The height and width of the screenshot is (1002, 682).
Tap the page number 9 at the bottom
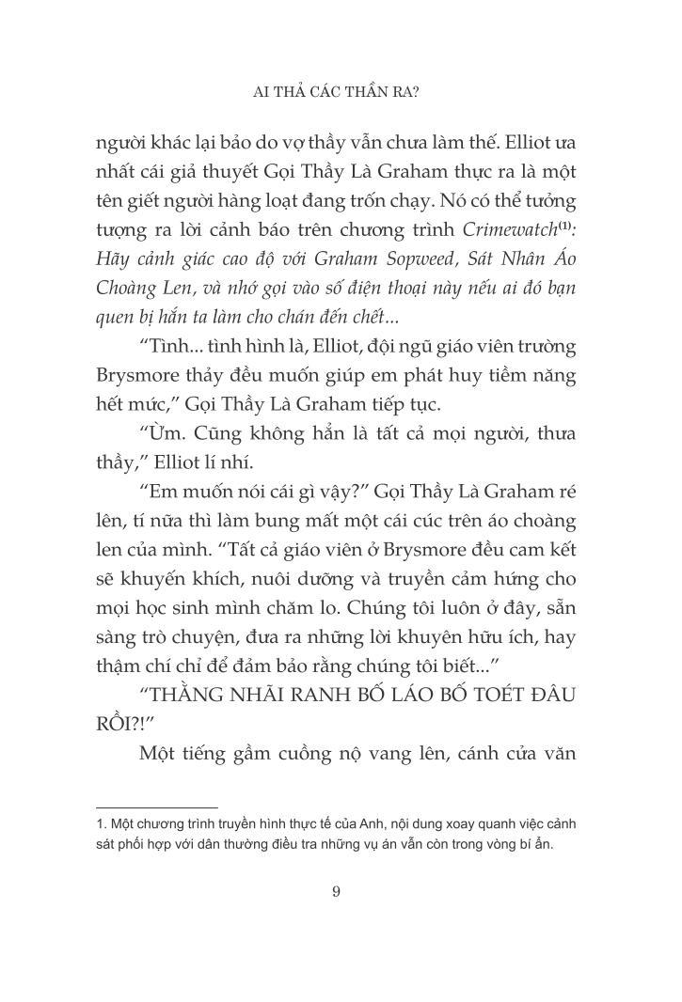click(336, 892)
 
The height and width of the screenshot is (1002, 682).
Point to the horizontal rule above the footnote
click(157, 806)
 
